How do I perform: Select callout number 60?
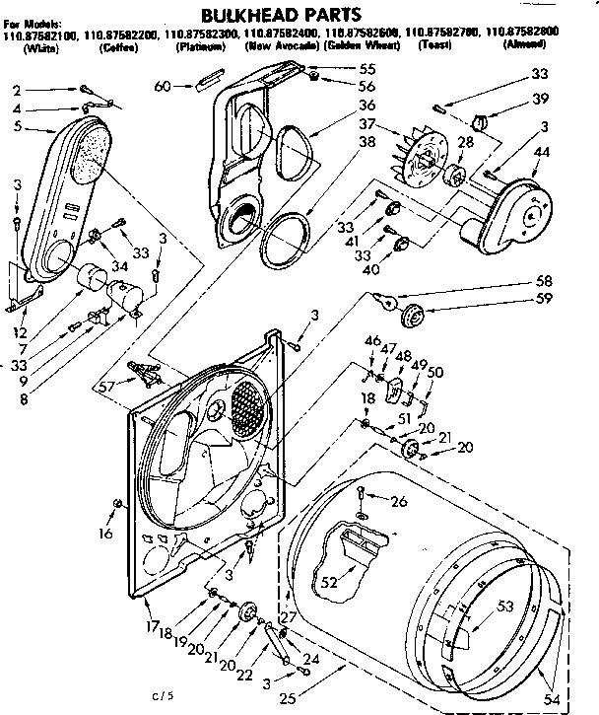(164, 87)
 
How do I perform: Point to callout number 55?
(340, 69)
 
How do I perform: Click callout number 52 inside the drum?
(328, 582)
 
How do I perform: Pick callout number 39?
(540, 100)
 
